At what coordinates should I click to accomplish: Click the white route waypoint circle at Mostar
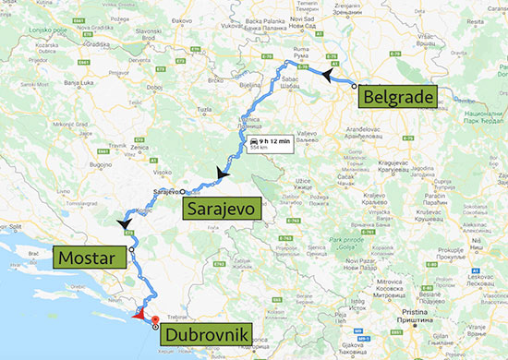(132, 249)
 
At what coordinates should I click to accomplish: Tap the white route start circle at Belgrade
(354, 84)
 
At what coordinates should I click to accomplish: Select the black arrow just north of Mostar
(122, 223)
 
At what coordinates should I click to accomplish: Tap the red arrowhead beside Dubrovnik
(139, 314)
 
